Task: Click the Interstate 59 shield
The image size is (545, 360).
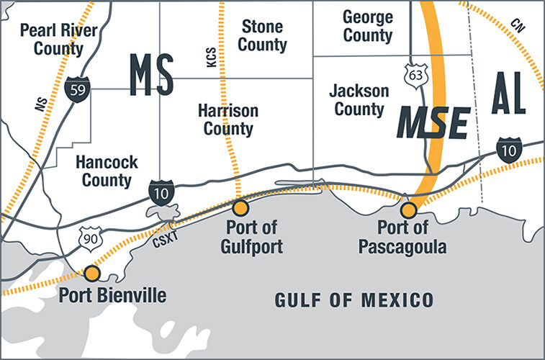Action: coord(76,89)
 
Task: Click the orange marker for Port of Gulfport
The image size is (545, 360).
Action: coord(240,208)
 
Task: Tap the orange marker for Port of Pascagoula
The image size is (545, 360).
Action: coord(409,210)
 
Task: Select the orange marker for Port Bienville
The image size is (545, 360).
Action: coord(92,273)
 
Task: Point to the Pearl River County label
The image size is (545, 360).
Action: coord(51,40)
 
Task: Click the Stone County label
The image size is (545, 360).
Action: coord(263,36)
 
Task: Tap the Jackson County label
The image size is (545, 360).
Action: coord(359,100)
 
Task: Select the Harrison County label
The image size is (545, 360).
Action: coord(228,120)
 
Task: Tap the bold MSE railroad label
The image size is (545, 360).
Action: coord(434,123)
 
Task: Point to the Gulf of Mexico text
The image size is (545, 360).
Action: coord(354,300)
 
